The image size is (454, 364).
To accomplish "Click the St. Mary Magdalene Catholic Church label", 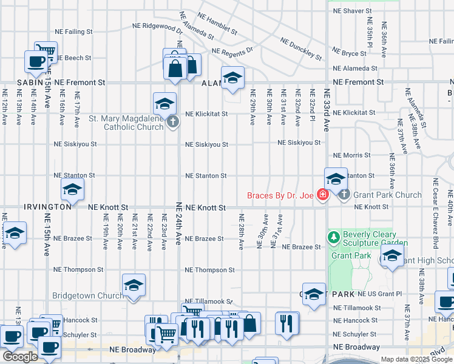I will point(126,123).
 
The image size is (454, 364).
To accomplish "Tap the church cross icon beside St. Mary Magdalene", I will point(173,123).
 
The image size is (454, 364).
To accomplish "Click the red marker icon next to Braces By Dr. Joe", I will point(323,195).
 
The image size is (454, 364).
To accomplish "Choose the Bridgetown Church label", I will point(87,296).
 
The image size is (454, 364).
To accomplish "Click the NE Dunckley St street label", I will point(300,49).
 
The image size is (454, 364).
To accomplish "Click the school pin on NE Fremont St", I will point(232,78).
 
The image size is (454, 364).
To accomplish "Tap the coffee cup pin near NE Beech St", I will point(36,61).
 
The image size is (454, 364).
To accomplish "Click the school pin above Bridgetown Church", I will point(134,285).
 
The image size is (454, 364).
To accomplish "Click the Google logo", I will point(20,357).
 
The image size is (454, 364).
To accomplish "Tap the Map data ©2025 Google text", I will point(415,359).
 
